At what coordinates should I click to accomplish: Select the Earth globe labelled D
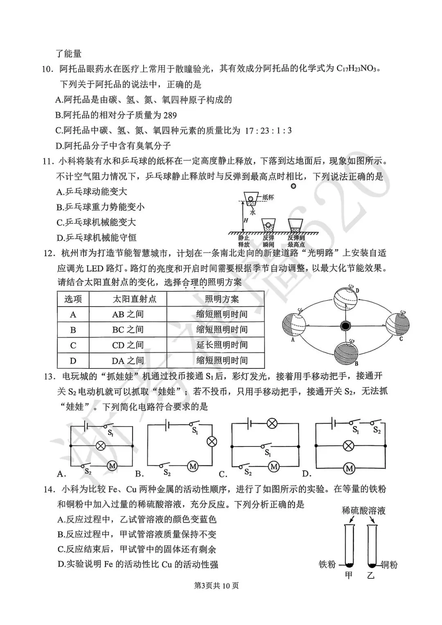click(345, 298)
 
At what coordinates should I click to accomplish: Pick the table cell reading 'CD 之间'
click(128, 345)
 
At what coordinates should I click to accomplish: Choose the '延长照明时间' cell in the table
click(222, 345)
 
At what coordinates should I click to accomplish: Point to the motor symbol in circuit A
click(112, 465)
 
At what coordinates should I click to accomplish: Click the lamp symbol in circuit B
click(212, 441)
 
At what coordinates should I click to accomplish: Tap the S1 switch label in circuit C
click(267, 453)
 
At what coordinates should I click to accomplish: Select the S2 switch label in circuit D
click(377, 430)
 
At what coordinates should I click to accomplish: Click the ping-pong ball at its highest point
click(293, 187)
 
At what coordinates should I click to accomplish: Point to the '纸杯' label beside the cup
click(268, 197)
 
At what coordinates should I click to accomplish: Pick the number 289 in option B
click(169, 115)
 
